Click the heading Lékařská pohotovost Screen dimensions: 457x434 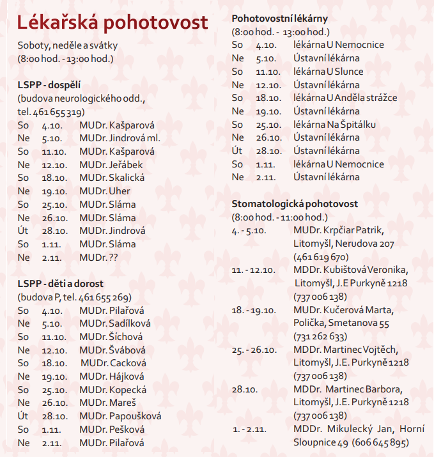click(112, 22)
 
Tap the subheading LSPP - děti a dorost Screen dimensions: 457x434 click(61, 283)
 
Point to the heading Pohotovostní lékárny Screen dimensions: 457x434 click(279, 18)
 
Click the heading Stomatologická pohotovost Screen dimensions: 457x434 click(295, 204)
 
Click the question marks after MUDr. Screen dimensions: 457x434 click(113, 258)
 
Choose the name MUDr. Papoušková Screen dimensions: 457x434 click(120, 416)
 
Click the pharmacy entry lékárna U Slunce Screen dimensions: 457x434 click(328, 71)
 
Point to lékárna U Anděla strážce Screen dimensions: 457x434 click(345, 98)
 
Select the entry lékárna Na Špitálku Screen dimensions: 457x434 click(334, 124)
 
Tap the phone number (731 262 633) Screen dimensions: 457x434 click(321, 336)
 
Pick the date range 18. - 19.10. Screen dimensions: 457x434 click(253, 310)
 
